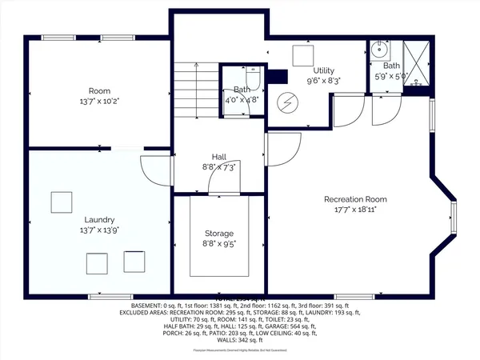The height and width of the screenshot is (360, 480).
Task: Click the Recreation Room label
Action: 355,199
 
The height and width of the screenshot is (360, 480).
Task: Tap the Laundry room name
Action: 101,219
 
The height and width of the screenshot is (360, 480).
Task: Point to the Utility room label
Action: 323,70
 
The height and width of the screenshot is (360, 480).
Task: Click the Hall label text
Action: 219,157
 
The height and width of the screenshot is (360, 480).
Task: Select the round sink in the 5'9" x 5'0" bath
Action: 378,50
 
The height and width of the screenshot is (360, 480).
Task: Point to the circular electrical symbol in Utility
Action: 286,103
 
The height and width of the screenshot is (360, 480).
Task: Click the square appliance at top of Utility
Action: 302,54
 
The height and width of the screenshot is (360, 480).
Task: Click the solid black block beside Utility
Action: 277,78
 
